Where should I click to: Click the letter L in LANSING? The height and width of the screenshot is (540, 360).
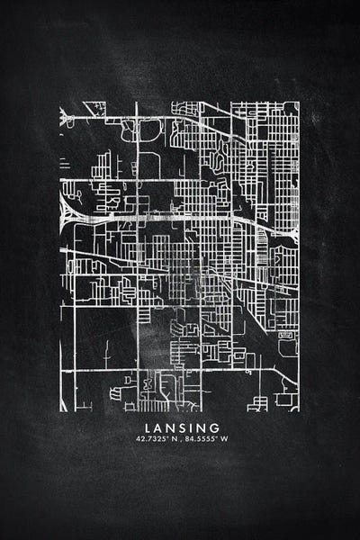point(146,427)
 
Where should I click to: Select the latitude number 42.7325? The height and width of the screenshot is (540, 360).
point(148,439)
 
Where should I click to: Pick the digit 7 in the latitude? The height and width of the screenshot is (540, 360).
point(145,439)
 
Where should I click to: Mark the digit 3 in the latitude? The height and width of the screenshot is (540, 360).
point(149,439)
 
